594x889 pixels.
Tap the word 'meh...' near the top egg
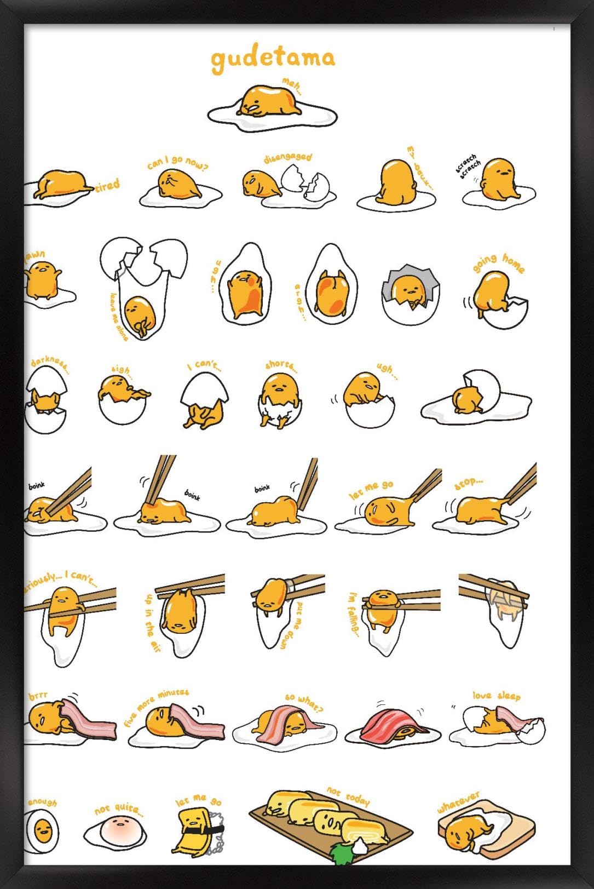tap(292, 85)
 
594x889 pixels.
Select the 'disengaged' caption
tap(288, 158)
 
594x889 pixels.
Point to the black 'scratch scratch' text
tap(468, 166)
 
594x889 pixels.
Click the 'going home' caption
tap(498, 262)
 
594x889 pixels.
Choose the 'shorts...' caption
tap(281, 365)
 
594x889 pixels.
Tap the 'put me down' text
tap(290, 625)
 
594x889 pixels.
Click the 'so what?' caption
tap(304, 702)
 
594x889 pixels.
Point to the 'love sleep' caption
tap(496, 695)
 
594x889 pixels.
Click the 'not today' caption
tap(348, 796)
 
